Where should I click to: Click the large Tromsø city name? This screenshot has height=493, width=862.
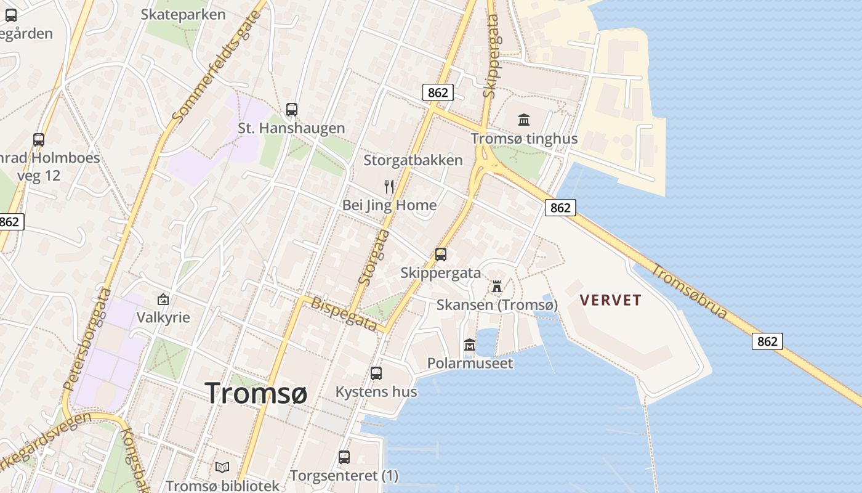[256, 393]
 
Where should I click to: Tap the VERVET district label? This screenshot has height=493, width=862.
[611, 300]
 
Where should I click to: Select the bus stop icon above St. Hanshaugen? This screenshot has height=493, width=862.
[292, 110]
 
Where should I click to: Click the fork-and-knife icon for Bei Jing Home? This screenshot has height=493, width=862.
[389, 186]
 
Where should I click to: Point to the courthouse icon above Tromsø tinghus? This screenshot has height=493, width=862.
[524, 120]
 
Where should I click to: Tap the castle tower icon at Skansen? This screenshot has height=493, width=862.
[497, 286]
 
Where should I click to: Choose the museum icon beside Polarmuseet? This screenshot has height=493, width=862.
[470, 345]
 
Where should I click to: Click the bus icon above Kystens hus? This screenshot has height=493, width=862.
[376, 373]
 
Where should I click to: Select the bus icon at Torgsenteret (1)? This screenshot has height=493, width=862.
[344, 457]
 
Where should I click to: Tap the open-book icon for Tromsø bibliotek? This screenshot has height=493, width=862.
[222, 468]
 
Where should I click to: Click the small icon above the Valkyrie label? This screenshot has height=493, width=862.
[163, 299]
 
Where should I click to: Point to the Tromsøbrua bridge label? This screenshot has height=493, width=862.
[690, 291]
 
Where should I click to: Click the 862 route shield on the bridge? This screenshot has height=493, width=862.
[767, 341]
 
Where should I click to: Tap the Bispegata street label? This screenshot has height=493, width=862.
[344, 314]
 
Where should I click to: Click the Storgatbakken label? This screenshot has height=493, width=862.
[413, 160]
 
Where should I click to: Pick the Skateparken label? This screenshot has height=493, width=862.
[183, 14]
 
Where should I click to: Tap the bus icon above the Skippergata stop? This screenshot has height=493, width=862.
[441, 254]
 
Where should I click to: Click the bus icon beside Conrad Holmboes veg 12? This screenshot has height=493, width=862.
[39, 140]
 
